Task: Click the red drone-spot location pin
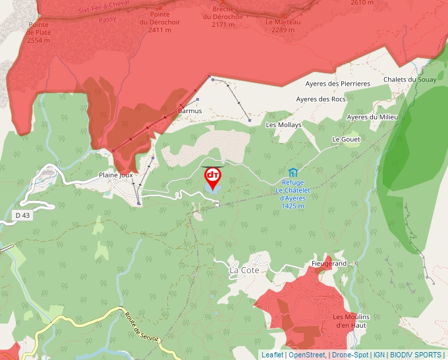pos(213,176)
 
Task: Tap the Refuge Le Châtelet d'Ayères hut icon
pos(293,172)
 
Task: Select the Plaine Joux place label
pos(117,175)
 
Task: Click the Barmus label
pos(190,111)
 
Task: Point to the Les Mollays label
pos(283,124)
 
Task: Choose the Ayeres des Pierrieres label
pos(337,84)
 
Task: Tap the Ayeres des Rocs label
pos(320,99)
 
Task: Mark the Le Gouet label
pos(346,140)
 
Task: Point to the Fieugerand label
pos(329,263)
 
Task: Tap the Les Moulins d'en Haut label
pos(350,321)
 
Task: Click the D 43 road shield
pos(22,215)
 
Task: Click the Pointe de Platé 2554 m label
pos(40,32)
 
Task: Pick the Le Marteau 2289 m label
pos(283,25)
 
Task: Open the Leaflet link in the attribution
pos(272,355)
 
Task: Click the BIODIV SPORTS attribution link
pos(416,355)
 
